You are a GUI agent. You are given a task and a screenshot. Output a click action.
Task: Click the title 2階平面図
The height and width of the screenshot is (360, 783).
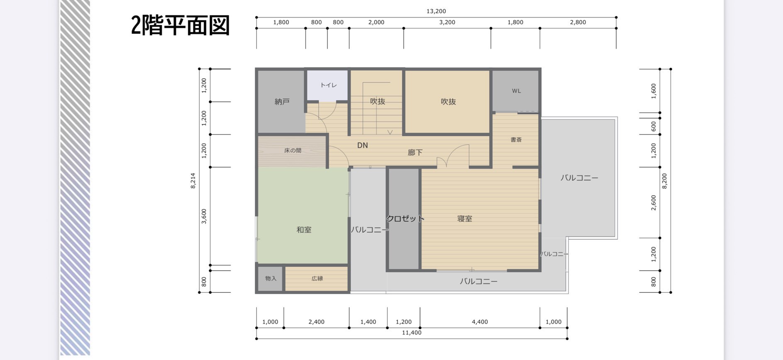pos(180,25)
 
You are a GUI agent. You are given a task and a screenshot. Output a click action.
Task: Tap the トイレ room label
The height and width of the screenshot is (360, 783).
pos(328,85)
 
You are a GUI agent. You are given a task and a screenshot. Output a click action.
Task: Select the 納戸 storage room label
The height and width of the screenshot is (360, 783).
pos(282,102)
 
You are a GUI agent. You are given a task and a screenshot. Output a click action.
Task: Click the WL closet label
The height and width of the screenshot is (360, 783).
pos(516,91)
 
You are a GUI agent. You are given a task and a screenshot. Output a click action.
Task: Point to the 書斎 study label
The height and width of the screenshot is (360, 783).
pos(516,140)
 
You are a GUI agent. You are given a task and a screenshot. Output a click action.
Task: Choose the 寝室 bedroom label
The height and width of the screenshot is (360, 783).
pos(465,219)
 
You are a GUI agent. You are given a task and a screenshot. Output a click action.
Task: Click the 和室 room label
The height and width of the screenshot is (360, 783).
pos(304,230)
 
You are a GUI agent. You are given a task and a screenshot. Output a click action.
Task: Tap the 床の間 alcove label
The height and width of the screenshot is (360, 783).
pos(293,151)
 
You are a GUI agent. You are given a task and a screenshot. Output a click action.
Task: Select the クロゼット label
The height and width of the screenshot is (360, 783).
pos(405,219)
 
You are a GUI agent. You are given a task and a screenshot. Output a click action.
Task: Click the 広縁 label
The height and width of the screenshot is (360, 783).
pos(317,279)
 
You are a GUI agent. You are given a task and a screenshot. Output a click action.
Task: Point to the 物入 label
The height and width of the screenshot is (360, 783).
pos(271,279)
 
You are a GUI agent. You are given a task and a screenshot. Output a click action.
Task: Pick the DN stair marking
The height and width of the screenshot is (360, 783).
pos(363,146)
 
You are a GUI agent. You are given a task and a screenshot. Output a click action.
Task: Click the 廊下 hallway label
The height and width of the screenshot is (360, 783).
pos(415,153)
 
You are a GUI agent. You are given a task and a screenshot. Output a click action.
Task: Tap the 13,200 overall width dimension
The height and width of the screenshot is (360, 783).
pos(436,11)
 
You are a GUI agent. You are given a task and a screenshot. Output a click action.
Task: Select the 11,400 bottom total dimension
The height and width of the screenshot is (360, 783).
pos(412,333)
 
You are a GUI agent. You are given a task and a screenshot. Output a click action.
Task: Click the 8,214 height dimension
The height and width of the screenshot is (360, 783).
pos(193,181)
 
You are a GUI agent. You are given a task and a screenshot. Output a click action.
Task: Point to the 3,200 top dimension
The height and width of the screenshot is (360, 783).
pos(447,22)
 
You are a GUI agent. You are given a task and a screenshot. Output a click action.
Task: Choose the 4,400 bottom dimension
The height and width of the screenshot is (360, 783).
pos(480,322)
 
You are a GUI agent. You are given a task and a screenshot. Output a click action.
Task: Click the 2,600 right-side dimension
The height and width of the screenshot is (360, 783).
pos(654,203)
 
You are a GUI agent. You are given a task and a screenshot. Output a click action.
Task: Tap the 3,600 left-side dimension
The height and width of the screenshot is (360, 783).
pos(204,216)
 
